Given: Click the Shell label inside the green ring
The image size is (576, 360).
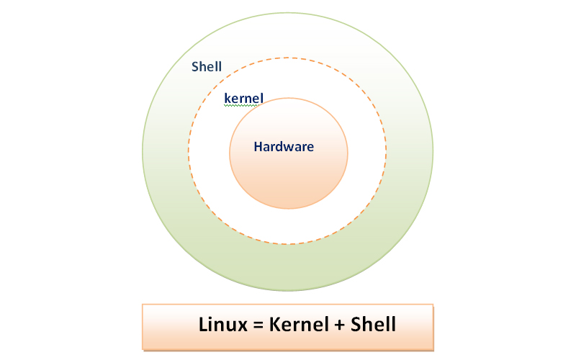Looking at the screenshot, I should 206,67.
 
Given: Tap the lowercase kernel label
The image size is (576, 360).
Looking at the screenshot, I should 243,97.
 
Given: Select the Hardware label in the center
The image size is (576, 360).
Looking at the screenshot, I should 284,146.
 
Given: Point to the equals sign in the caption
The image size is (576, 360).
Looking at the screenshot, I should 256,325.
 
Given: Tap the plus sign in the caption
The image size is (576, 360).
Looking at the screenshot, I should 337,325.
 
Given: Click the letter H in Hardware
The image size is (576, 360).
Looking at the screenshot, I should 258,146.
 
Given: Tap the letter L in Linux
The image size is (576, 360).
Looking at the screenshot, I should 203,324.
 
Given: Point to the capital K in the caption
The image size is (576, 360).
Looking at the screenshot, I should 274,324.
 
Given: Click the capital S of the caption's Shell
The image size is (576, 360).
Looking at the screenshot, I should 356,324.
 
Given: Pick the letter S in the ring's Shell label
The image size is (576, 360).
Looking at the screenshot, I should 194,67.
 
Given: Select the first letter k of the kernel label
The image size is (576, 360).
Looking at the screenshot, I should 227,97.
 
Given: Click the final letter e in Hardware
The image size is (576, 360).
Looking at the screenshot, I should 310,147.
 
